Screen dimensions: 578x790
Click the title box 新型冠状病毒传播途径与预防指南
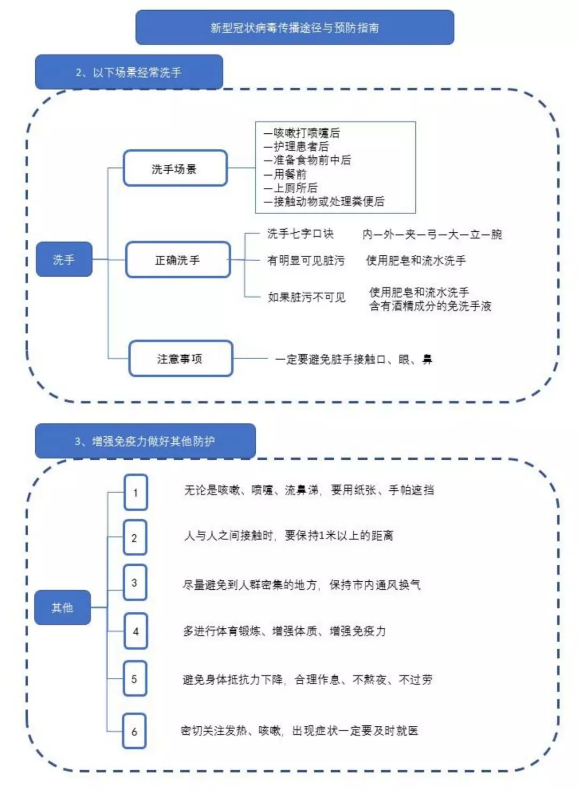coord(295,27)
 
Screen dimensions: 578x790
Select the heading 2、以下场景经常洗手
coord(129,72)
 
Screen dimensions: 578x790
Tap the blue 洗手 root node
coord(64,259)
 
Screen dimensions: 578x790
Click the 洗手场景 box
coord(175,168)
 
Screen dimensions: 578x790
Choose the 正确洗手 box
coord(178,260)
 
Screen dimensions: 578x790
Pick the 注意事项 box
coord(180,358)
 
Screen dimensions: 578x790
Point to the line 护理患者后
coord(296,146)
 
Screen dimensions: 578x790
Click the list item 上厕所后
coord(291,188)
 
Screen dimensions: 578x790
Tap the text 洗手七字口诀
coord(300,233)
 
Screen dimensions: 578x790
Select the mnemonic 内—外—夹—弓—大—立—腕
coord(432,234)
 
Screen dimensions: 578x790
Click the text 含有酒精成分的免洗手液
coord(430,306)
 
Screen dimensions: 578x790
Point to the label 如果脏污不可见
coord(307,297)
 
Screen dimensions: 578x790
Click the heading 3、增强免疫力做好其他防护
coord(145,441)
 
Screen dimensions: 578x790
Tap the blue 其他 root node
coord(63,607)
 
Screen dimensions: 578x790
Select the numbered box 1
coord(135,492)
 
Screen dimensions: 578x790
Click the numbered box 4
coord(135,631)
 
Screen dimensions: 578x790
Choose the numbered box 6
coord(134,731)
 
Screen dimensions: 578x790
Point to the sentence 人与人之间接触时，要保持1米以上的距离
coord(288,535)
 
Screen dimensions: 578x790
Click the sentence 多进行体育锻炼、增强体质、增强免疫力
coord(284,631)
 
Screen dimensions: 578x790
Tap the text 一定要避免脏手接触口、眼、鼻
coord(354,359)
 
